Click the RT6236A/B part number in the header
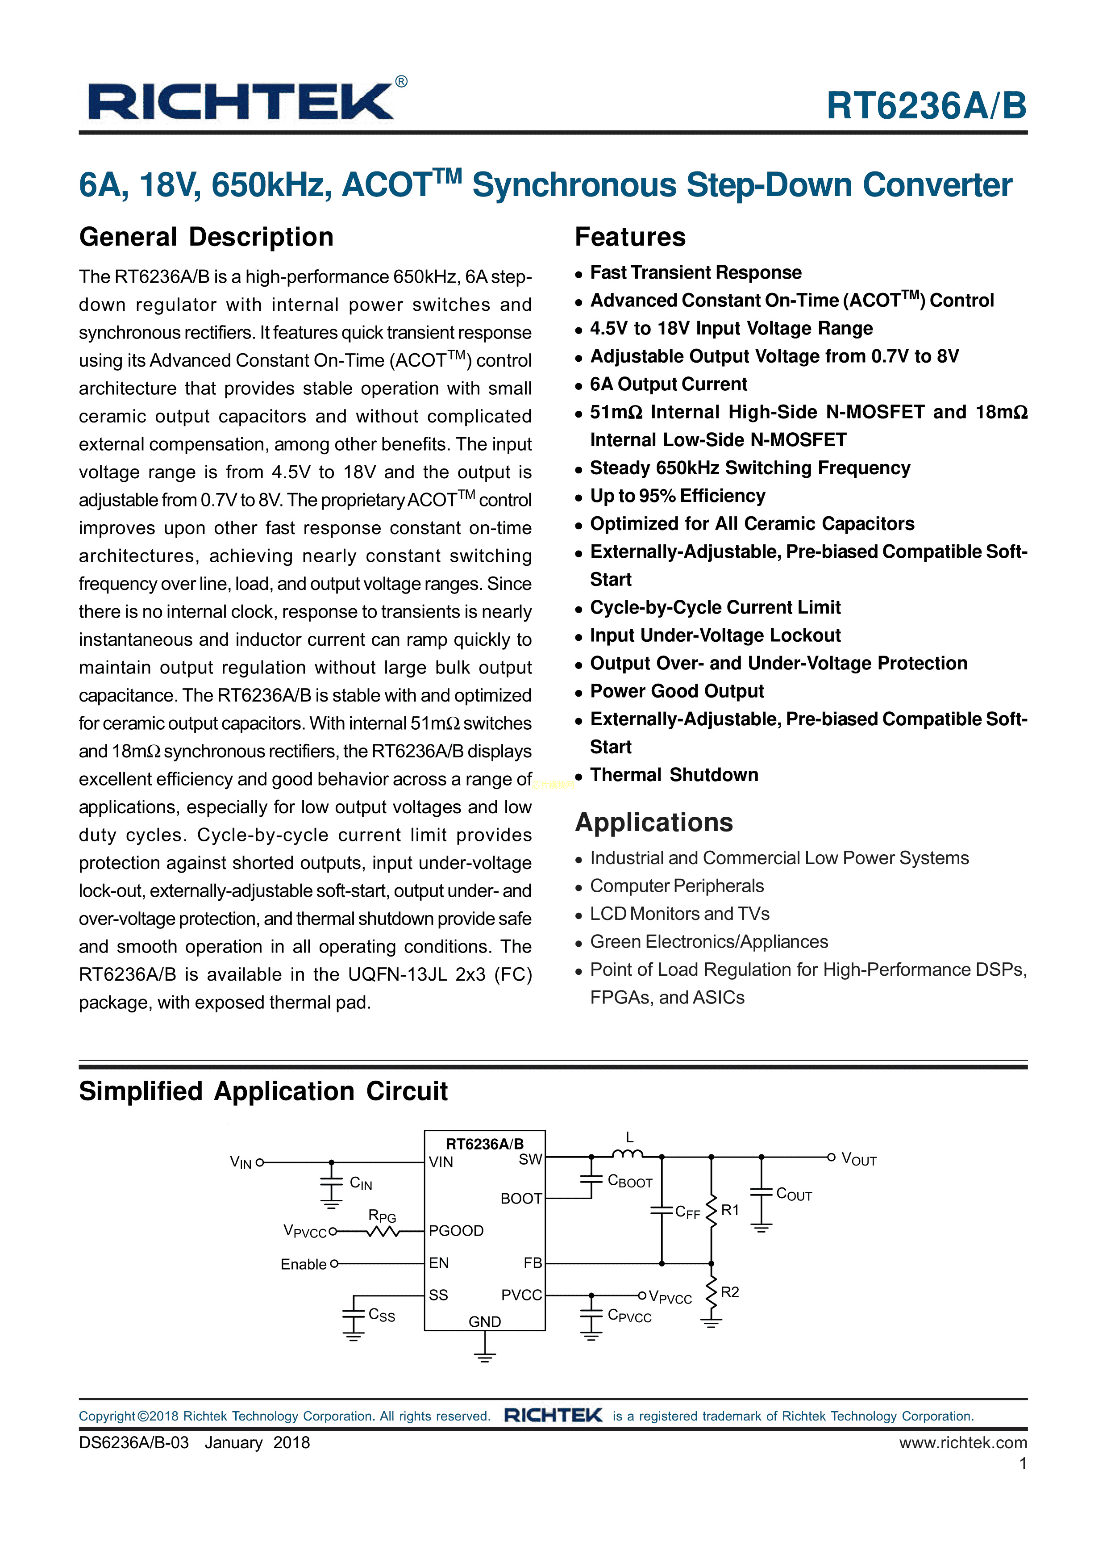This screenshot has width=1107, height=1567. (926, 106)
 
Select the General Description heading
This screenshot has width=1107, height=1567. (206, 237)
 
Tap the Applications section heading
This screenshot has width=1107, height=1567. (653, 823)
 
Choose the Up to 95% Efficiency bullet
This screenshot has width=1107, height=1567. (677, 496)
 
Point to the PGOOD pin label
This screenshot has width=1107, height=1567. (456, 1231)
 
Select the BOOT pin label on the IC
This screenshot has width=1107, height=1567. (521, 1199)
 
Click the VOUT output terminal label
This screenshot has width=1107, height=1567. (858, 1159)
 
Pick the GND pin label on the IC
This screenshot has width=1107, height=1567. (484, 1321)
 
